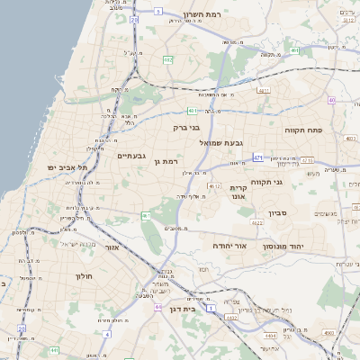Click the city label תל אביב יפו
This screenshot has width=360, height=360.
click(69, 167)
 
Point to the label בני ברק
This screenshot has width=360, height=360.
click(186, 128)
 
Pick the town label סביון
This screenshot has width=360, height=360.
click(276, 213)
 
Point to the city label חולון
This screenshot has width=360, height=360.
click(85, 276)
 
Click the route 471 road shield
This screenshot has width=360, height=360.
click(258, 157)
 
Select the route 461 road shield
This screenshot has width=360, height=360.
click(146, 216)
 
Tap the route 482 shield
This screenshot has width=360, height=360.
click(167, 59)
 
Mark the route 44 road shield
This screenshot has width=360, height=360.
click(158, 307)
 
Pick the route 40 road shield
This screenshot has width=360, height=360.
click(331, 100)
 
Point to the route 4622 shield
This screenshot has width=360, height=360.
click(213, 185)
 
